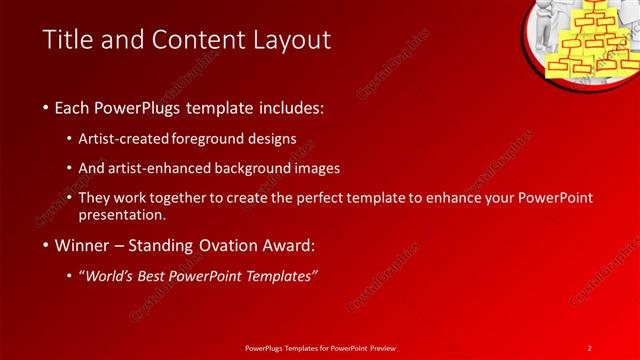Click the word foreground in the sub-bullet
click(220, 137)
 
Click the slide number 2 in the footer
click(590, 348)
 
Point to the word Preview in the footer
click(379, 348)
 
